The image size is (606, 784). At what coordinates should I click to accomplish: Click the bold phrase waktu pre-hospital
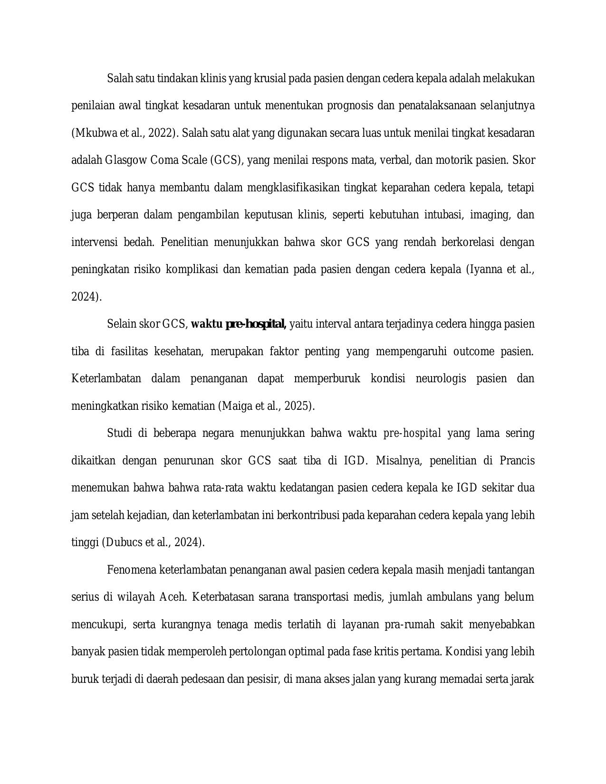[238, 324]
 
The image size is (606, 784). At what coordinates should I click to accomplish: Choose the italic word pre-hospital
[412, 434]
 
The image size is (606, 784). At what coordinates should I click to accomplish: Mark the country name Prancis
[517, 461]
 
